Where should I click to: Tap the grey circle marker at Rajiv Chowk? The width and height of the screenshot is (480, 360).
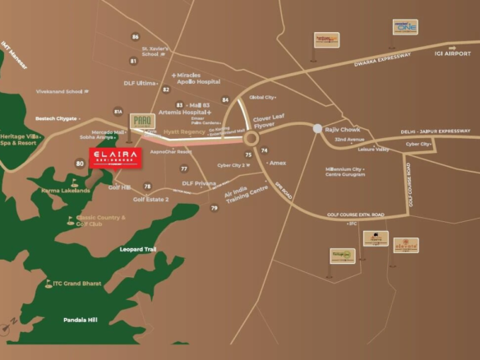(317, 129)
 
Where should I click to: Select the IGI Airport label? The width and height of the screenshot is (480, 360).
(452, 53)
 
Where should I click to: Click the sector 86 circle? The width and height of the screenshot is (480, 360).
(136, 36)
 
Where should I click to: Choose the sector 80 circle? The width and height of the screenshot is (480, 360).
(80, 164)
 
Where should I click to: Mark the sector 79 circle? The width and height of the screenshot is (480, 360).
(215, 208)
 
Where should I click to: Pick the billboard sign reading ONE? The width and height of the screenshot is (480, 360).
(405, 27)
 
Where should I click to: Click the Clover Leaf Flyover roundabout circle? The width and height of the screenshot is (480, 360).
(252, 139)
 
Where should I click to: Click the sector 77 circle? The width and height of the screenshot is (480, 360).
(183, 168)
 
